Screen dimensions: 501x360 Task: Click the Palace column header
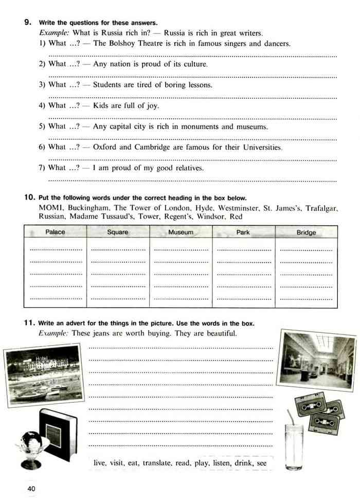(x=55, y=232)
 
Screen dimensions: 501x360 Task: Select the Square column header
(x=117, y=232)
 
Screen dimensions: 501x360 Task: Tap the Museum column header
(x=181, y=232)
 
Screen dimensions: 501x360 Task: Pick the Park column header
(x=243, y=232)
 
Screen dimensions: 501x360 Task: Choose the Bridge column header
(x=306, y=232)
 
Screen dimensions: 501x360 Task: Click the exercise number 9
(x=28, y=22)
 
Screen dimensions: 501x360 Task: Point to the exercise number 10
(x=29, y=198)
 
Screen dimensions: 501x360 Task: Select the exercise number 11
(x=29, y=323)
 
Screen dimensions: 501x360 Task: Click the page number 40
(x=31, y=488)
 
